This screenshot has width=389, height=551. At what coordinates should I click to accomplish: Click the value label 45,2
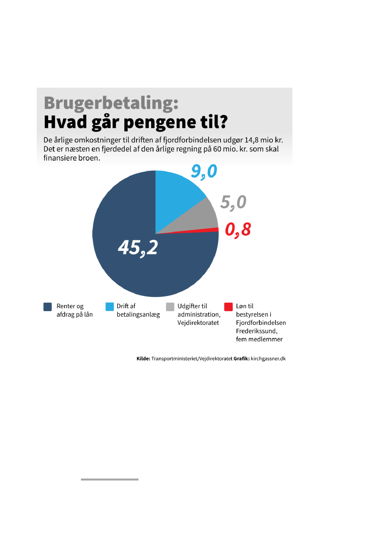tap(138, 247)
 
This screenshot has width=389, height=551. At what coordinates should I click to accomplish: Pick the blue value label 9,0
tap(204, 171)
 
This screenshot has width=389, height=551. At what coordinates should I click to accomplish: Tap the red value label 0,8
tap(238, 230)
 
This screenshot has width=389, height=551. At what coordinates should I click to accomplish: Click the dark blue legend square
tap(48, 307)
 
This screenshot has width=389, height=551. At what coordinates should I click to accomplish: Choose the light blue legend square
tap(109, 307)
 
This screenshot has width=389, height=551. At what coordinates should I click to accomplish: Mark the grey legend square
tap(170, 307)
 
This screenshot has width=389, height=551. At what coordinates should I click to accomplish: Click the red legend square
tap(228, 307)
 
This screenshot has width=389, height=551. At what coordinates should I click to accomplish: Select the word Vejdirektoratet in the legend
tap(198, 323)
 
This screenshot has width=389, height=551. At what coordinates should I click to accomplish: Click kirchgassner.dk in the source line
tap(268, 359)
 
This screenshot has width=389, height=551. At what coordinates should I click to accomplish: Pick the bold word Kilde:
tap(140, 359)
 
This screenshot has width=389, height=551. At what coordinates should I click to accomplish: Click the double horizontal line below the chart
tap(110, 479)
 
